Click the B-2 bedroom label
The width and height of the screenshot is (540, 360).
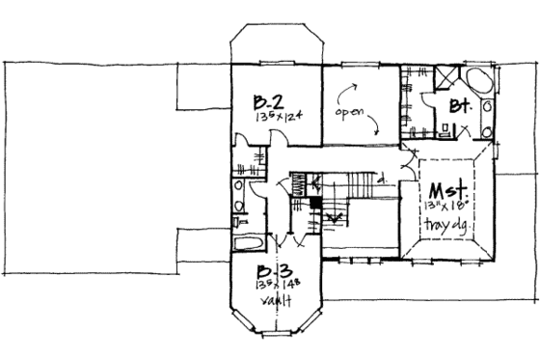click(x=267, y=101)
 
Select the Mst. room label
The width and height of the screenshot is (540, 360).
click(x=448, y=189)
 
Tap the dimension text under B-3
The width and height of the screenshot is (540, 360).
click(x=275, y=286)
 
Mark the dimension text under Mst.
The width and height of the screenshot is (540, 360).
click(x=447, y=207)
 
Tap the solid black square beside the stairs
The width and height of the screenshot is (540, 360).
click(x=313, y=204)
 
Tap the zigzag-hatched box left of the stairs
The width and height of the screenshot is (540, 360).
click(x=300, y=181)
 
